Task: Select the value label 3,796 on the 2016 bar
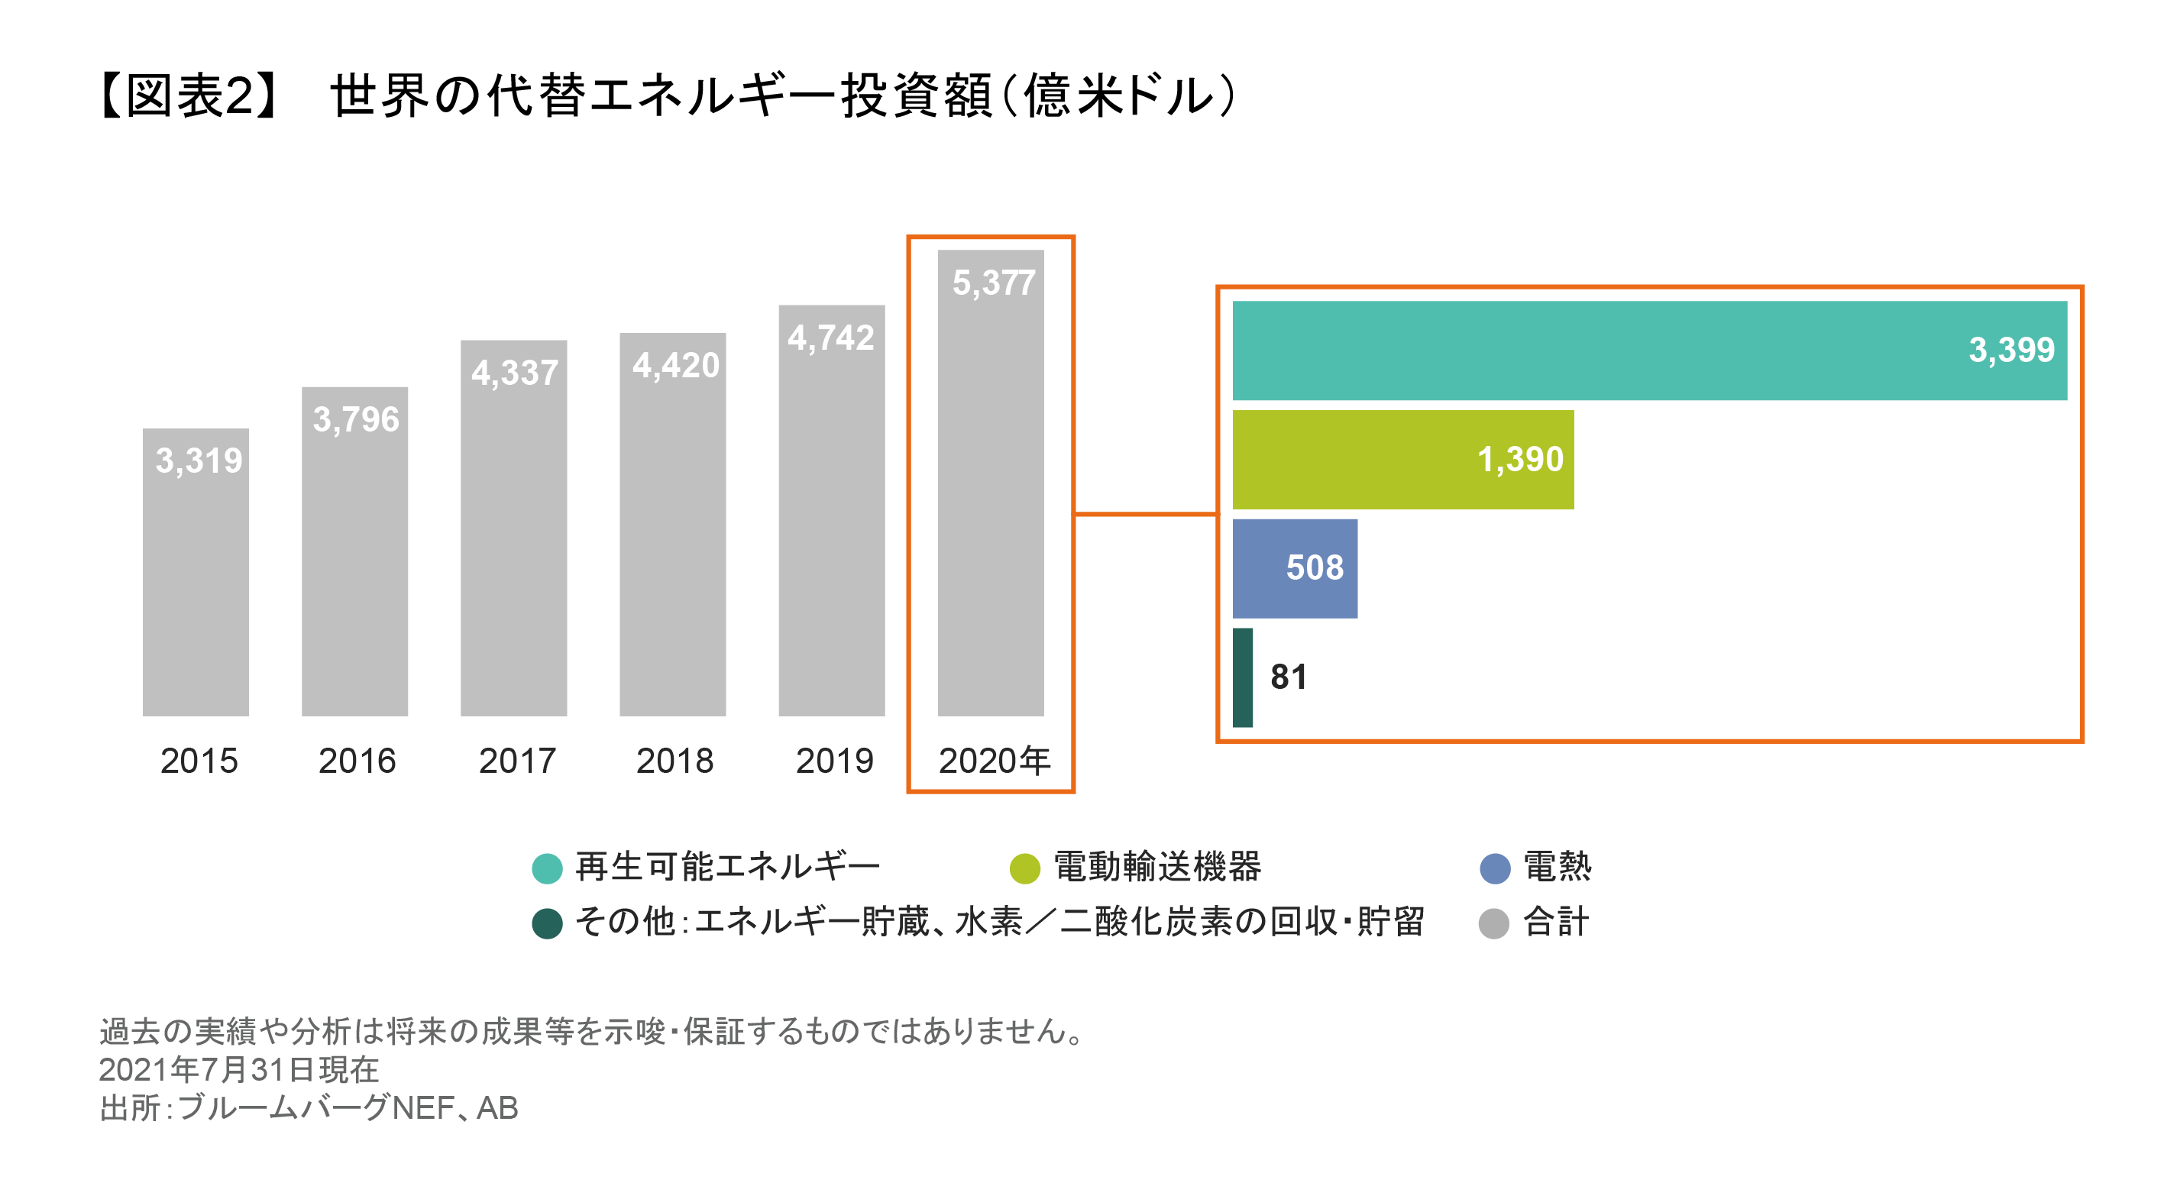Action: click(356, 419)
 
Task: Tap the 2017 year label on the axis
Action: click(516, 761)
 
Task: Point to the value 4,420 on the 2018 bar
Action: click(675, 365)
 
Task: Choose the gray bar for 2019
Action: click(832, 541)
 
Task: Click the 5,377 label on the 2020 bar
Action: click(993, 283)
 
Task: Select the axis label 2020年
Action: click(994, 761)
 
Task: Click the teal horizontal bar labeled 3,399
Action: click(1606, 351)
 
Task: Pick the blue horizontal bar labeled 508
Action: click(1268, 569)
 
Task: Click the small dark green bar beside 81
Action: click(1242, 677)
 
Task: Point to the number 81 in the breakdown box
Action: click(1288, 677)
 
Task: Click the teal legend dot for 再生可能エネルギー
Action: click(547, 868)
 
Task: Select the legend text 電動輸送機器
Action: click(1158, 867)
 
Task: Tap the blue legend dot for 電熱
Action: click(1495, 868)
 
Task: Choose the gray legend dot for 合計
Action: click(1494, 923)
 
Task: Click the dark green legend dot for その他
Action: click(547, 923)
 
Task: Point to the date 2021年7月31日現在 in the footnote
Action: click(239, 1070)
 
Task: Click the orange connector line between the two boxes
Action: click(1145, 513)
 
